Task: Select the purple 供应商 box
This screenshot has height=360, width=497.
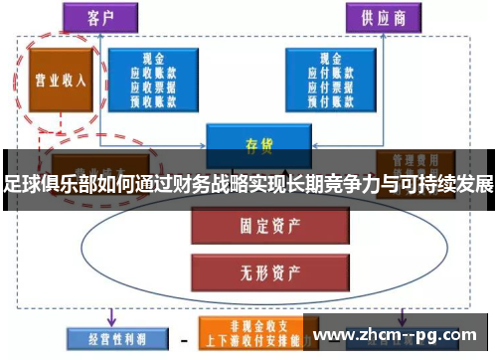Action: click(x=380, y=16)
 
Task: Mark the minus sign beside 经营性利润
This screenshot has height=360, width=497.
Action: click(x=182, y=339)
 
